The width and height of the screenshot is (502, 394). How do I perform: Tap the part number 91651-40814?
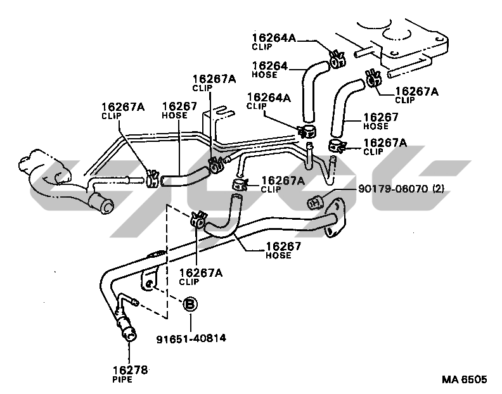click(x=191, y=339)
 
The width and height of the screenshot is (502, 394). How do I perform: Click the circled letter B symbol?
click(x=190, y=305)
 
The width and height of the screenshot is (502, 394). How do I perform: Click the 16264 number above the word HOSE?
click(x=270, y=65)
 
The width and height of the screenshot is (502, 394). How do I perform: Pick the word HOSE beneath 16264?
click(x=264, y=74)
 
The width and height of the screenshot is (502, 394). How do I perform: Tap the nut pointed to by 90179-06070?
click(x=314, y=203)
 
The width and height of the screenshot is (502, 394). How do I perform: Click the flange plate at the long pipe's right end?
click(x=334, y=220)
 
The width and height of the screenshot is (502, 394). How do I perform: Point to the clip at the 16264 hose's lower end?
click(x=307, y=132)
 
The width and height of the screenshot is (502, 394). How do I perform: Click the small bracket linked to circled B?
click(x=150, y=279)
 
